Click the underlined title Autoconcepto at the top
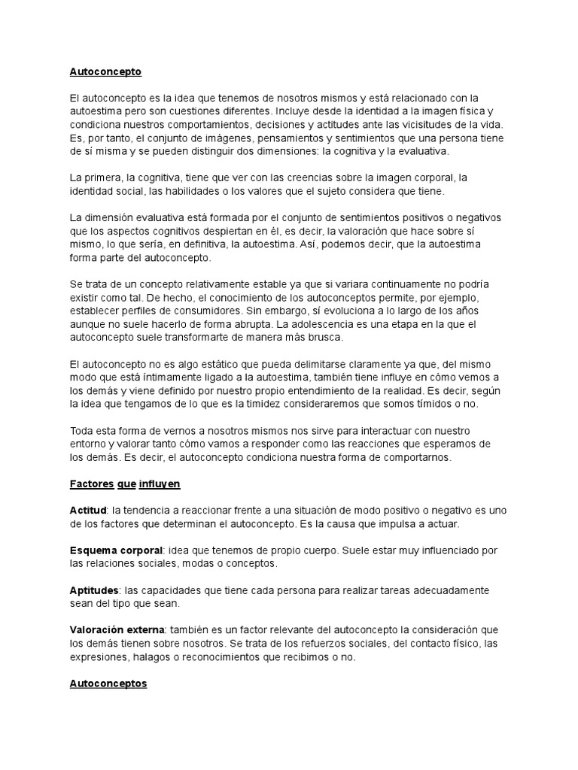[x=105, y=72]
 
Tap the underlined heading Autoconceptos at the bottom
[x=108, y=684]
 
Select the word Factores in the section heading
[x=91, y=484]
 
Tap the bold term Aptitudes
[x=94, y=591]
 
